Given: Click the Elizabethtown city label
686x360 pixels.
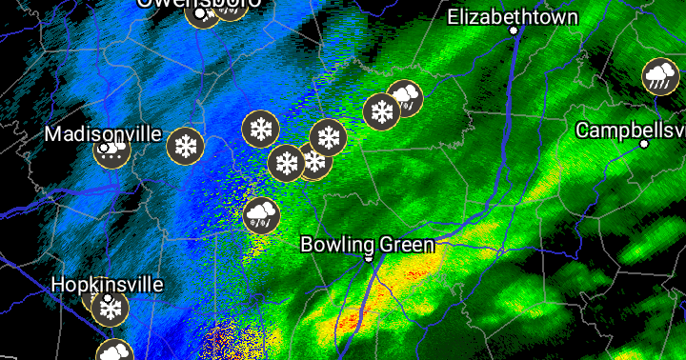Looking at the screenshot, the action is tap(512, 17).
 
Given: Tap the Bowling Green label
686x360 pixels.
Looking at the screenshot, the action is tap(368, 245).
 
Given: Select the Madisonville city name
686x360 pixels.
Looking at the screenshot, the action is tap(103, 134).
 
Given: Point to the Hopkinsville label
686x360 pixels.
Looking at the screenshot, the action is tap(107, 285).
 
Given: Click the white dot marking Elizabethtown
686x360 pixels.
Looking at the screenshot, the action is tap(514, 30).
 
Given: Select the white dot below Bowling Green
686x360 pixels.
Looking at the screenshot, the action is tap(369, 257).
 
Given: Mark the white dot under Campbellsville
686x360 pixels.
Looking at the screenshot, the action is tap(644, 144).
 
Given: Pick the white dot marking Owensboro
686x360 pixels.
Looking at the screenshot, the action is tap(199, 13).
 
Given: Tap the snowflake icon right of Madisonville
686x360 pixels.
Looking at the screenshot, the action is tap(185, 146).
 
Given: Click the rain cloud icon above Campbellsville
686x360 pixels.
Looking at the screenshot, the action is tap(659, 76).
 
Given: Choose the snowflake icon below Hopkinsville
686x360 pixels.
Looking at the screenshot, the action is tap(111, 309).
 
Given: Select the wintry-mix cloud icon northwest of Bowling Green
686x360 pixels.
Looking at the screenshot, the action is tap(261, 215).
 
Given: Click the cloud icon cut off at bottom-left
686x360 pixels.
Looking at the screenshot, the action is tap(114, 351).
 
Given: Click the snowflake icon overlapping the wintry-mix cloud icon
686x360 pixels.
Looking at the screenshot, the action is tap(381, 111).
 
